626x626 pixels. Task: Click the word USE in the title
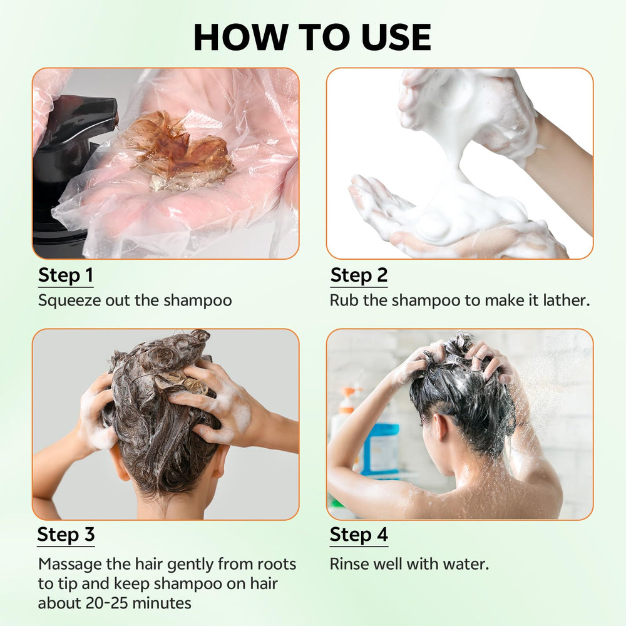click(x=396, y=37)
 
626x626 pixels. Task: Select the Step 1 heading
click(x=66, y=275)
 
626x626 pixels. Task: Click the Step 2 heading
click(x=359, y=275)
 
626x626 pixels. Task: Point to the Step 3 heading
click(x=66, y=535)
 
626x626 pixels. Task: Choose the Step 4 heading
click(x=359, y=535)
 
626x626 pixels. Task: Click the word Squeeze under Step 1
click(x=69, y=301)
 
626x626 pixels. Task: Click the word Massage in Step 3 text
click(x=70, y=565)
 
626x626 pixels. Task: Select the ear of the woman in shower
click(x=440, y=428)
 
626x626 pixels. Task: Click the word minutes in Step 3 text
click(x=162, y=603)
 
